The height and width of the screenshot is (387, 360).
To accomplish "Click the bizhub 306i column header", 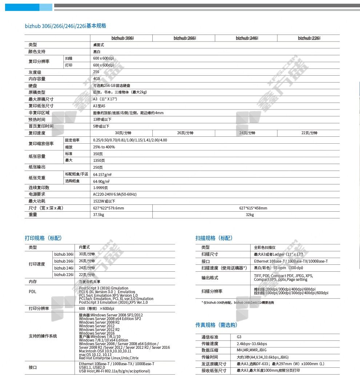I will point(122,38).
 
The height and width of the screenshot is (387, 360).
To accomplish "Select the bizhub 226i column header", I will point(309,38).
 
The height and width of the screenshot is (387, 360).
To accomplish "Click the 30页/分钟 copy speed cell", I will point(122,133).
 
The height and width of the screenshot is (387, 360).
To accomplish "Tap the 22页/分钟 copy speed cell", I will point(309,133).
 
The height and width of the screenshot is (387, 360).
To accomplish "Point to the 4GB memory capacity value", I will point(96,79).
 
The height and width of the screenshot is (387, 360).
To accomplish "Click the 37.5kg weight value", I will point(99,215).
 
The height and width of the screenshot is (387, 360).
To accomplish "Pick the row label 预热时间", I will point(37,120).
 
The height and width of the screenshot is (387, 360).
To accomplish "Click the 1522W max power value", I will point(104,201).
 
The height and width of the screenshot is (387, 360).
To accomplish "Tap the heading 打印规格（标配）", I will point(43,238).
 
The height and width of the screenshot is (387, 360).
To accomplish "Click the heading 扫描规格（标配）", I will point(214,238).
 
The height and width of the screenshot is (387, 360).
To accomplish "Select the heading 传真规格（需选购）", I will point(216,325).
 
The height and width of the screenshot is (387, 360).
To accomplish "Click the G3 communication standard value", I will point(239,337).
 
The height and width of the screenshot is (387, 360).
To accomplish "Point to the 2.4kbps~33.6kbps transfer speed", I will point(252,344).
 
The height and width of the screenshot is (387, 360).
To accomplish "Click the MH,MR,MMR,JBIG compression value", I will point(252,350).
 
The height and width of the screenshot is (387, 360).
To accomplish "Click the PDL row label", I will point(32,292).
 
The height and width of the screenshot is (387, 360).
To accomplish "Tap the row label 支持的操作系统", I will point(43,336).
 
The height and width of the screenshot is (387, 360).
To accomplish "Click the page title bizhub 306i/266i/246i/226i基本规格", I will point(65,26).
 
